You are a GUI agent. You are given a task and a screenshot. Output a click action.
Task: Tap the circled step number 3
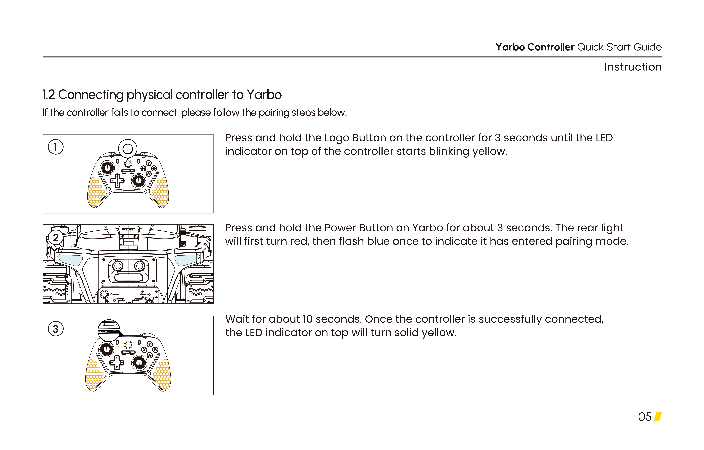click(x=56, y=329)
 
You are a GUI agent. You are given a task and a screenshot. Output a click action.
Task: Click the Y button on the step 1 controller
click(x=149, y=163)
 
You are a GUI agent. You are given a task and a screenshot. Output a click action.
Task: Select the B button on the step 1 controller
click(x=154, y=169)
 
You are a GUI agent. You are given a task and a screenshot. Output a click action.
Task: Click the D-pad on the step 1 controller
click(x=117, y=181)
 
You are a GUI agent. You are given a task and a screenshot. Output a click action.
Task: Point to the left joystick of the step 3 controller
click(x=107, y=349)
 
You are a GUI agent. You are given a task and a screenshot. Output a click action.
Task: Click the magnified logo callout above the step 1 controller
click(x=128, y=149)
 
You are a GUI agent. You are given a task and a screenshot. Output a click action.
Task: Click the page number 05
click(x=645, y=417)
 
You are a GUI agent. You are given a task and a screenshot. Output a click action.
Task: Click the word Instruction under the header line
click(x=633, y=67)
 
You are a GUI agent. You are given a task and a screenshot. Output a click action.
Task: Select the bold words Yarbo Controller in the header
click(x=535, y=47)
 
